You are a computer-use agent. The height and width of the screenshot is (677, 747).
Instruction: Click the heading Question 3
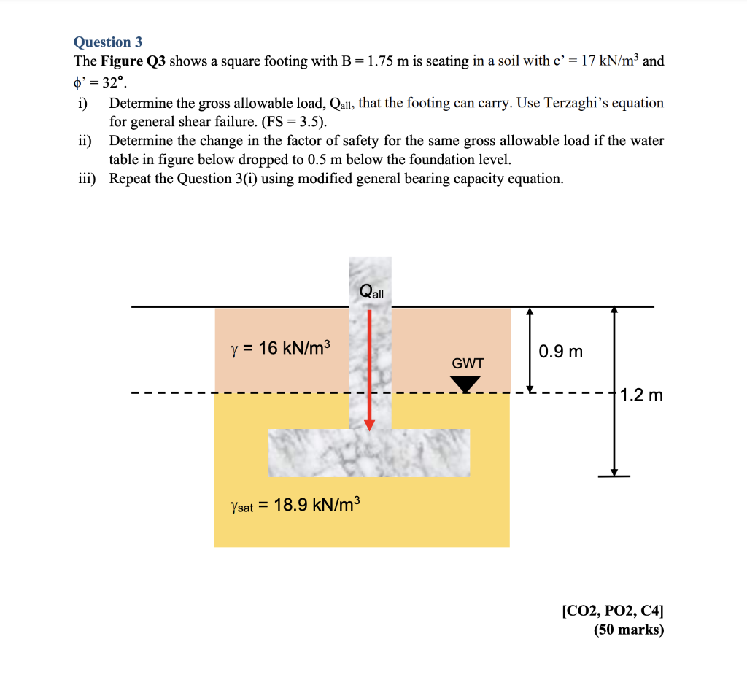(x=107, y=42)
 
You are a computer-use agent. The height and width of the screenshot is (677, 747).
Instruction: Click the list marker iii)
(x=88, y=179)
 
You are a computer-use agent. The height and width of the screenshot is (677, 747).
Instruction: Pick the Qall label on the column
(x=371, y=293)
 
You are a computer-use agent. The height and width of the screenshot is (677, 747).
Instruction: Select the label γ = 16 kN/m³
(x=280, y=348)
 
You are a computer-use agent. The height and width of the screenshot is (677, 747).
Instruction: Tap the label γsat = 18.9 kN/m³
(x=295, y=505)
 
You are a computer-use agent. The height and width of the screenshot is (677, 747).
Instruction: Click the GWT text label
(x=468, y=363)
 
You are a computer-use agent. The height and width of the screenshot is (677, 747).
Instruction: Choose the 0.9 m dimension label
(x=561, y=352)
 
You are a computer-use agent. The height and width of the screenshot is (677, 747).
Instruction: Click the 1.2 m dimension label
(x=641, y=396)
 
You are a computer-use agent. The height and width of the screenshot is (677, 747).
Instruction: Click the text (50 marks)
(x=628, y=630)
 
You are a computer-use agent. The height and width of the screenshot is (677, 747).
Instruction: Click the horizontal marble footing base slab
(x=369, y=452)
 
